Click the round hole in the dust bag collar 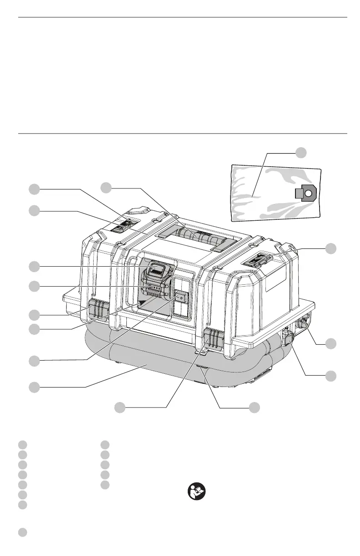308,193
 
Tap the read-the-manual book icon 196,491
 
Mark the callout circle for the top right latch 331,248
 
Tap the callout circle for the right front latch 120,407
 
